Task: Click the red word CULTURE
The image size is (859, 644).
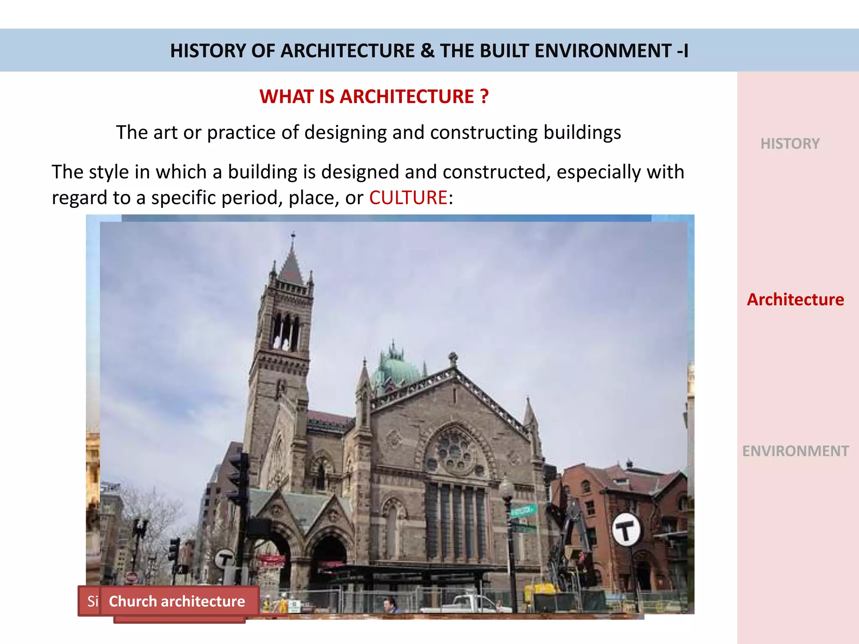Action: tap(408, 197)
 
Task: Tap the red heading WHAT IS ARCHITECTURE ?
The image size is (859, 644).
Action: tap(374, 96)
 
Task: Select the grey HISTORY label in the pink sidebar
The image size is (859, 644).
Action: tap(790, 144)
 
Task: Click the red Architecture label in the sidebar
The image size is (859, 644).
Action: tap(795, 300)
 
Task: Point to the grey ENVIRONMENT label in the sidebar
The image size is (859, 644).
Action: tap(795, 451)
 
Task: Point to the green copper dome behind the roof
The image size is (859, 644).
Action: tap(395, 369)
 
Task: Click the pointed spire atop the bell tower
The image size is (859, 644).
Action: tap(292, 260)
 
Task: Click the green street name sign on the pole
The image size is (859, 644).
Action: tap(523, 510)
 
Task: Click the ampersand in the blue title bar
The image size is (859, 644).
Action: tap(427, 51)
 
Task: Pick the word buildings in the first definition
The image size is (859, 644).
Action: tap(582, 132)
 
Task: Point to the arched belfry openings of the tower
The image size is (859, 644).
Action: tap(286, 331)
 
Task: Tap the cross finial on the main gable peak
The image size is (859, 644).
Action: tap(453, 358)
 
